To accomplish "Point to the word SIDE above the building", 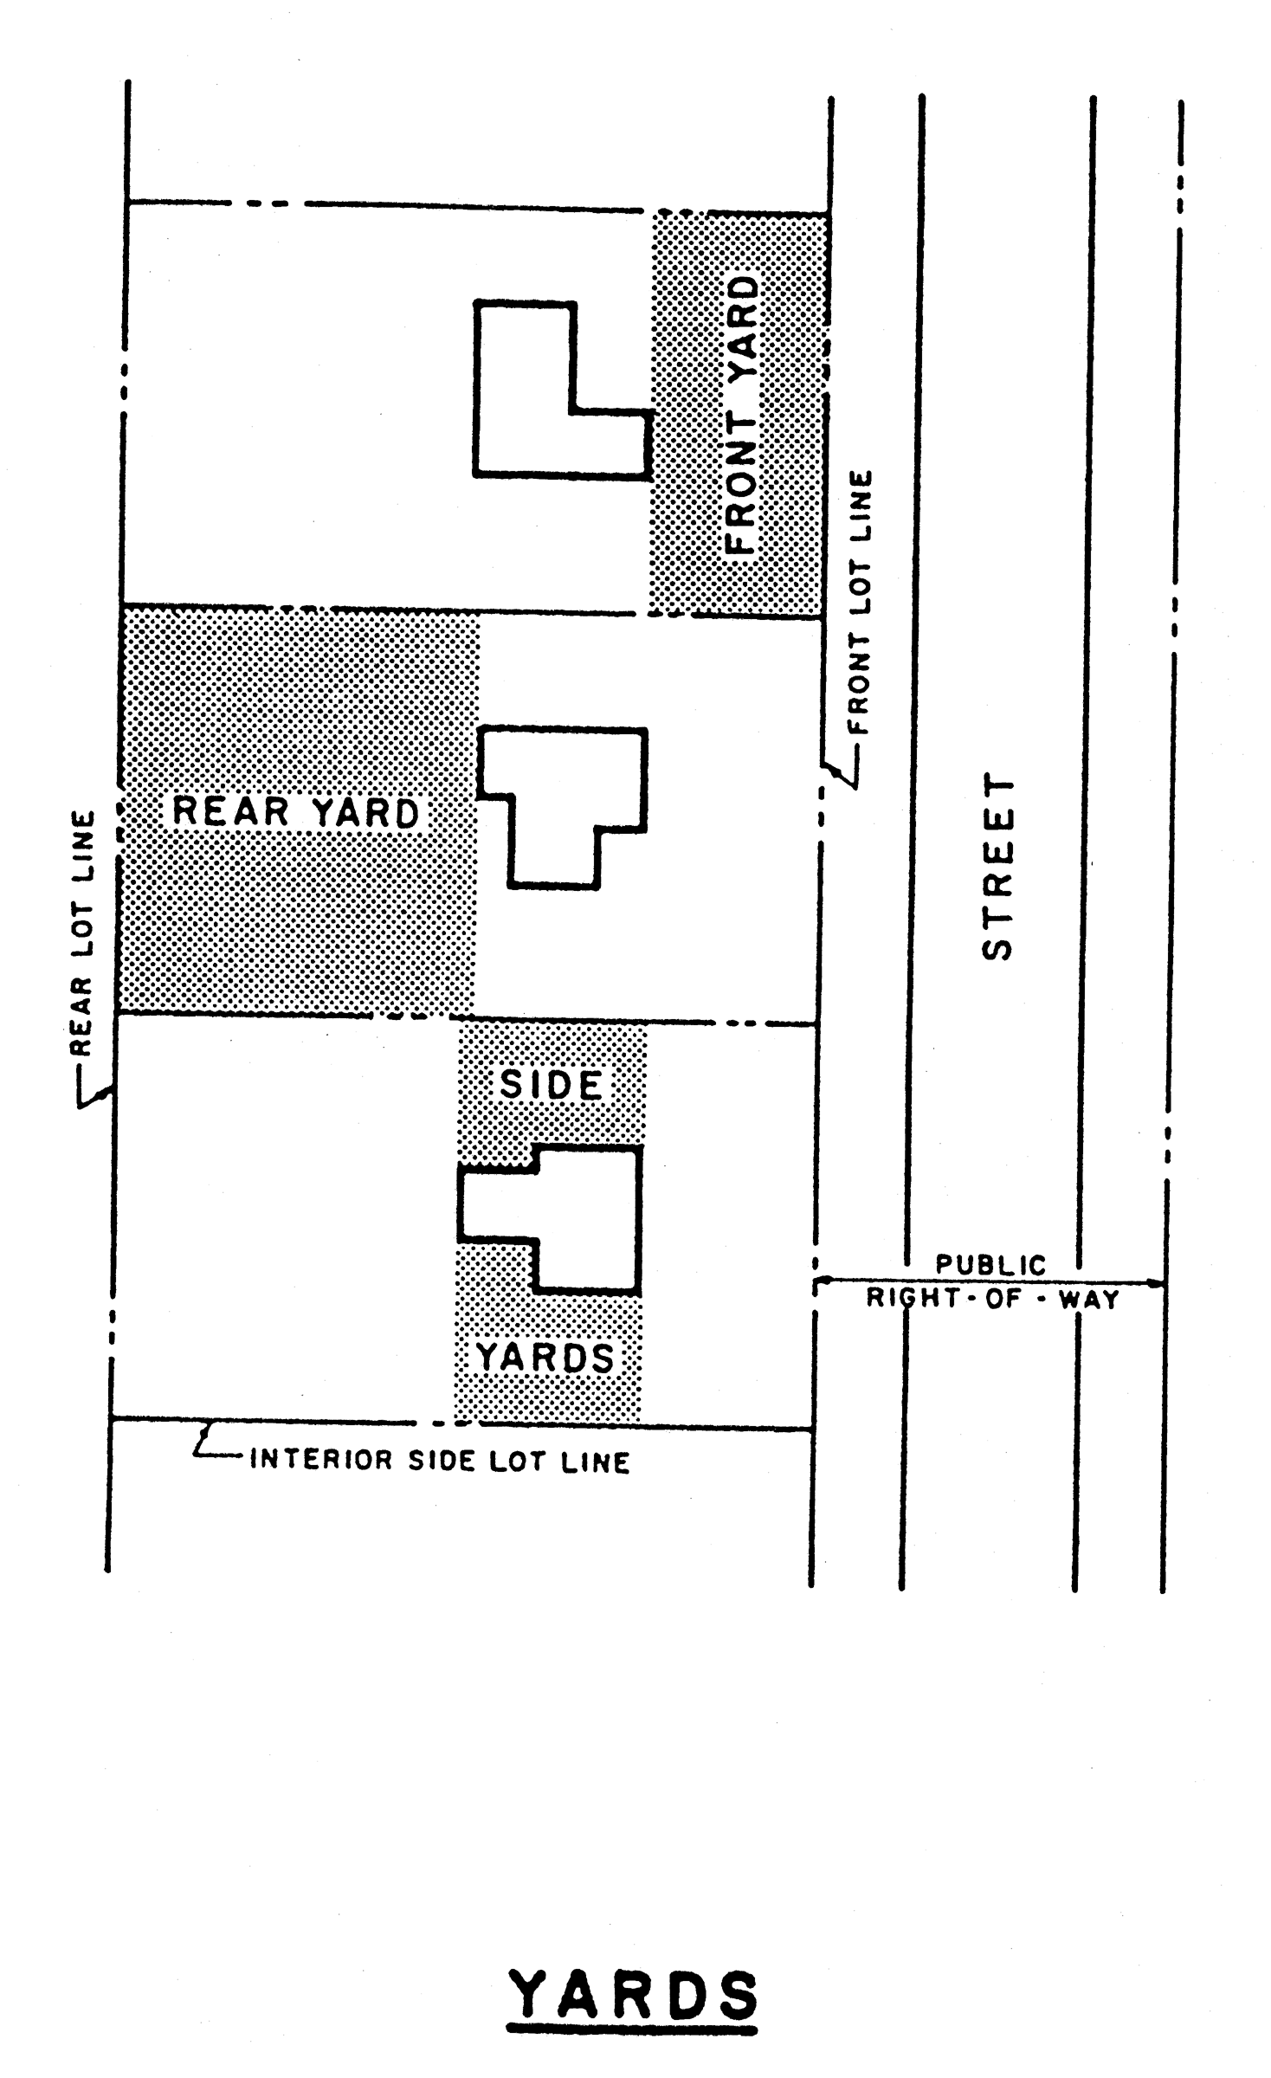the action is (x=552, y=1085).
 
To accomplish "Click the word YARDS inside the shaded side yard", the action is (x=545, y=1357).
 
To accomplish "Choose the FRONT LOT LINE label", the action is (x=861, y=602).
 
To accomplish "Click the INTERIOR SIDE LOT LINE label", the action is (x=440, y=1462).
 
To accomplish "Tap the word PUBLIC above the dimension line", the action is (x=990, y=1265).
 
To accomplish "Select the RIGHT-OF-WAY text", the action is (x=992, y=1300).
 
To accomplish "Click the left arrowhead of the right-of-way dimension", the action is (x=820, y=1280).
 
